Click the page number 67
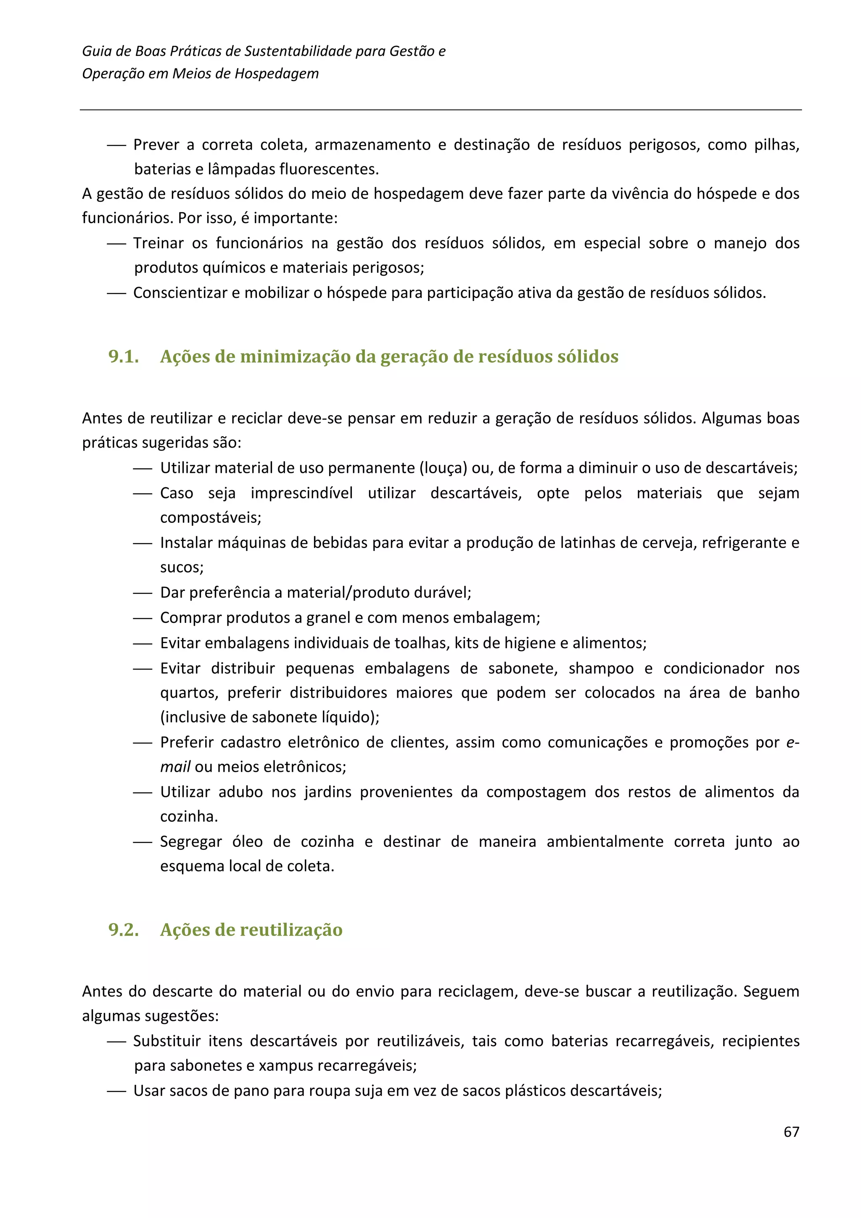[x=790, y=1131]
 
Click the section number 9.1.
[x=124, y=356]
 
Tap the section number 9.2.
[x=124, y=929]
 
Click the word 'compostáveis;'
[x=211, y=517]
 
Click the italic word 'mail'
[x=175, y=767]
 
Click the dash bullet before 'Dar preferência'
[x=143, y=593]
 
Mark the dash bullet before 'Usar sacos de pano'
[x=116, y=1091]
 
